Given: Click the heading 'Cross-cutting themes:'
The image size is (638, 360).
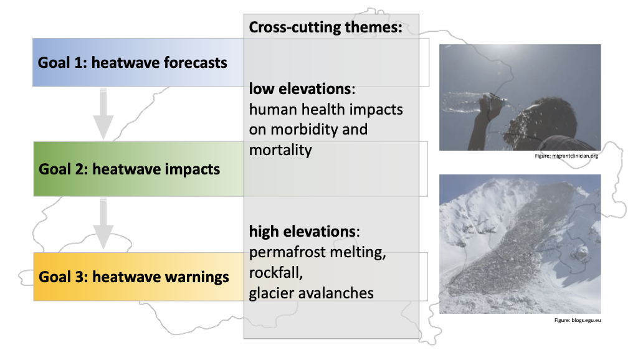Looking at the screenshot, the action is click(x=325, y=27).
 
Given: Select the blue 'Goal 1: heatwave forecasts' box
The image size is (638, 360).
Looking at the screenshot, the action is click(x=138, y=62).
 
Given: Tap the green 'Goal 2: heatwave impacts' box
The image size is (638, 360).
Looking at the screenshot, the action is click(x=139, y=169).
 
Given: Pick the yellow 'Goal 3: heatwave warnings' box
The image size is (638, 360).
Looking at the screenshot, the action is click(x=139, y=277).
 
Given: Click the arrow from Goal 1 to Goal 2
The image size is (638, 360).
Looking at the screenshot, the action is click(x=103, y=114).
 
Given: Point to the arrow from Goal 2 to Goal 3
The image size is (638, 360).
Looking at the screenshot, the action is click(x=103, y=224).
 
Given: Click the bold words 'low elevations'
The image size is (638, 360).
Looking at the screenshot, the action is click(x=300, y=88).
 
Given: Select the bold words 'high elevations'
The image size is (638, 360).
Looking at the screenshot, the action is click(x=303, y=232).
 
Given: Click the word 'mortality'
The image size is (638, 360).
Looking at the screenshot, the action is click(x=280, y=150).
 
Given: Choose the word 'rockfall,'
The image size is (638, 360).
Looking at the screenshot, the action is click(x=276, y=273).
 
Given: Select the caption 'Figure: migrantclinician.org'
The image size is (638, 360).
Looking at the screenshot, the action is click(x=566, y=156).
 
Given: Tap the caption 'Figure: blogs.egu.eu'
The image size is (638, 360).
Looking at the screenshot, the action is click(x=578, y=320).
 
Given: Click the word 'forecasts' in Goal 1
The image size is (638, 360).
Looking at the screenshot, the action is click(x=195, y=63).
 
